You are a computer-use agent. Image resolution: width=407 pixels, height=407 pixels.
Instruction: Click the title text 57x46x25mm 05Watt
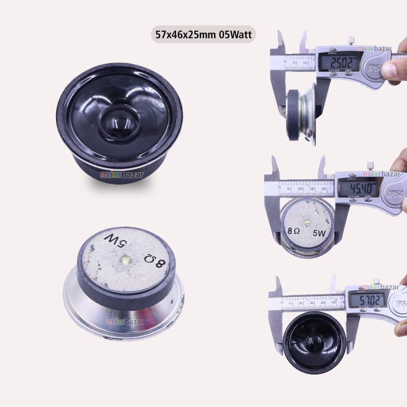click(x=203, y=35)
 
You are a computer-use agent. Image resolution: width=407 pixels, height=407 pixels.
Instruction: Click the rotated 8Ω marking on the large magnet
click(x=155, y=261)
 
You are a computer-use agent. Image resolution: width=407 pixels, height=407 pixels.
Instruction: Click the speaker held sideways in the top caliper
click(x=301, y=114)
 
